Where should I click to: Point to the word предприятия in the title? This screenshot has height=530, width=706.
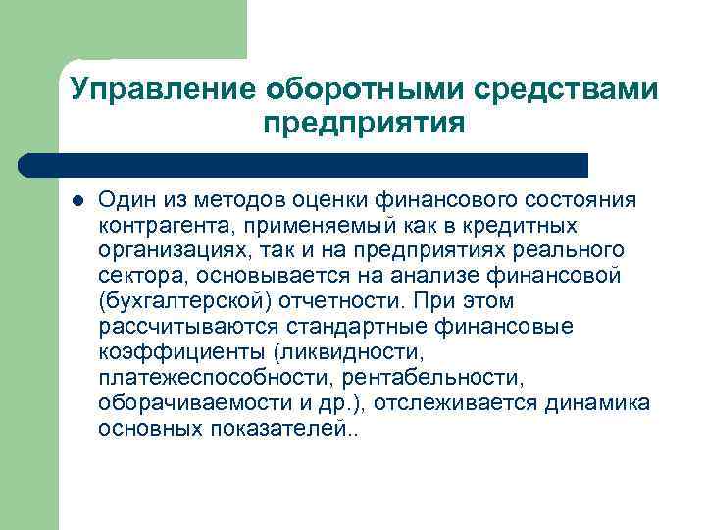363,125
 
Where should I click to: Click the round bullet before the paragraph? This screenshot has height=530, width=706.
77,201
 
